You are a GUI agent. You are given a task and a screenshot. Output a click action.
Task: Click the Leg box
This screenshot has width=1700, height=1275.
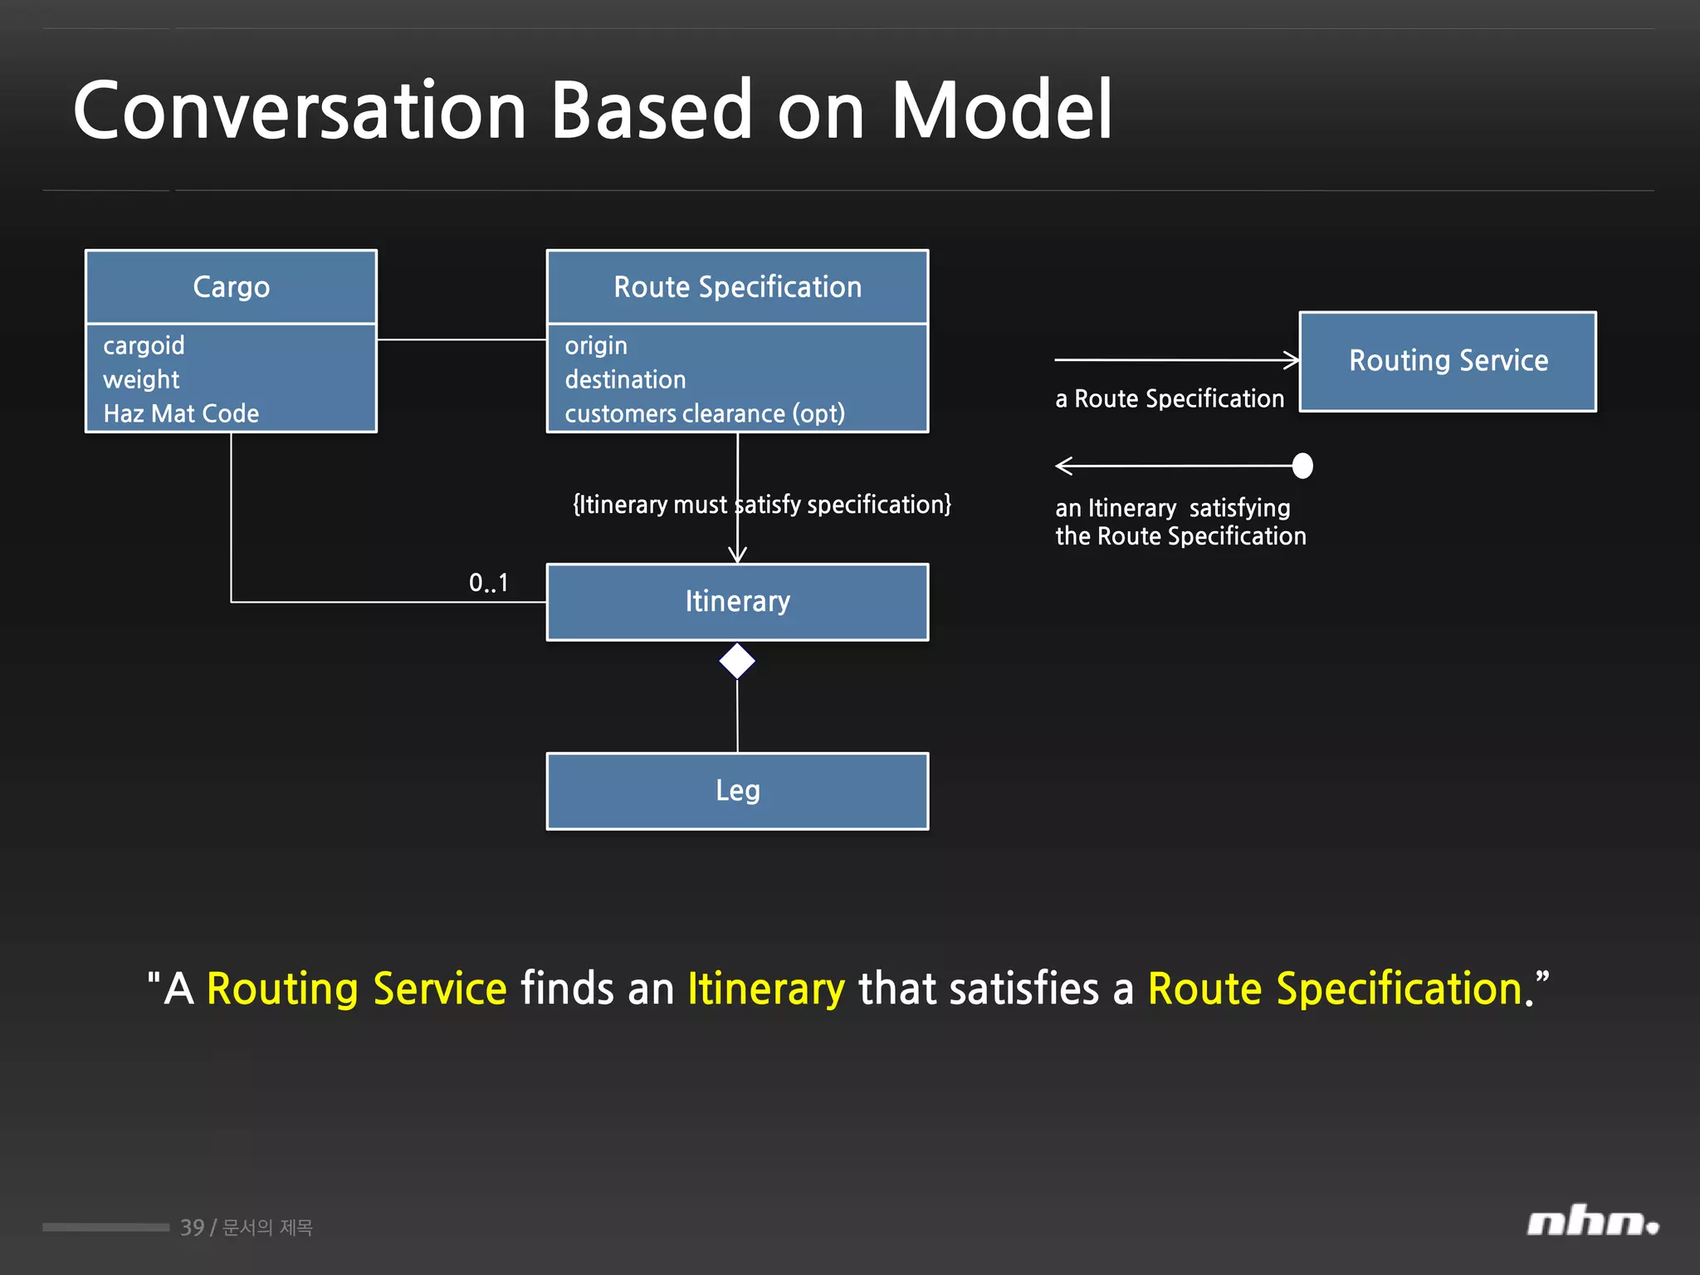point(737,791)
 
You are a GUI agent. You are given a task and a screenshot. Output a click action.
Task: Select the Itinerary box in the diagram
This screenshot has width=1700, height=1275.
point(737,602)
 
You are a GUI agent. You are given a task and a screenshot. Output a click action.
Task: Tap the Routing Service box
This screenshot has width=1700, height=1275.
point(1448,361)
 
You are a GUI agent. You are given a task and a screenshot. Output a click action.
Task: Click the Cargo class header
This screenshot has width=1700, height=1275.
point(231,287)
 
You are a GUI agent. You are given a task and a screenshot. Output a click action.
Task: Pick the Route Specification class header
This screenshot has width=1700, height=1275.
point(737,287)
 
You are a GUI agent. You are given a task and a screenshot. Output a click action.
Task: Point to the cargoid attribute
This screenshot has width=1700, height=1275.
point(144,345)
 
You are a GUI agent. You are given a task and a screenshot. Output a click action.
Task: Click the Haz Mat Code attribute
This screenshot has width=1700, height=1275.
point(181,413)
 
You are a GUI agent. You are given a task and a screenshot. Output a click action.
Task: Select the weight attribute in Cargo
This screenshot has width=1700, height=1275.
point(141,379)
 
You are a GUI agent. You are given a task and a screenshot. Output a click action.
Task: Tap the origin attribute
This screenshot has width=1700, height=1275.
point(596,345)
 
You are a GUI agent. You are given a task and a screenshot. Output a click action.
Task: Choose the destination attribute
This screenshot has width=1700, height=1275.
point(625,379)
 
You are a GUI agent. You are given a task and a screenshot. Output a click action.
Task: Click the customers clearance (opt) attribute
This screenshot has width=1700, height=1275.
point(705,413)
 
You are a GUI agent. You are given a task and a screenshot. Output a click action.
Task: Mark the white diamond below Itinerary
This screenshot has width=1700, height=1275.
point(737,662)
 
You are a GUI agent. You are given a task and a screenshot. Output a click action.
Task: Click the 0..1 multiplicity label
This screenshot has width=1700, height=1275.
point(488,583)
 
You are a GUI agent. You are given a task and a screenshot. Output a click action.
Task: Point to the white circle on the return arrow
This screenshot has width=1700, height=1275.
point(1302,466)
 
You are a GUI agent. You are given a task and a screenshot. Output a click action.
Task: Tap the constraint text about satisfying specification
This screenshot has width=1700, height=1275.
point(762,505)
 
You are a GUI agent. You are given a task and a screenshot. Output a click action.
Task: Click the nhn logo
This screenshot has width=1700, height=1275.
point(1592,1223)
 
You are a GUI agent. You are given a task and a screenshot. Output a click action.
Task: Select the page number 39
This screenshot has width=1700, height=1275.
point(192,1228)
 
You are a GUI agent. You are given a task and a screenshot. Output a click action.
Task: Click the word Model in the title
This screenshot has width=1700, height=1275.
point(1001,110)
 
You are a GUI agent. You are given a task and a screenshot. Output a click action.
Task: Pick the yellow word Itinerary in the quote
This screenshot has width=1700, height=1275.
point(765,989)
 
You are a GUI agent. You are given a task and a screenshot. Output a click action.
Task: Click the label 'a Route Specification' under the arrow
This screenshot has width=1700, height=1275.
point(1169,399)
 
